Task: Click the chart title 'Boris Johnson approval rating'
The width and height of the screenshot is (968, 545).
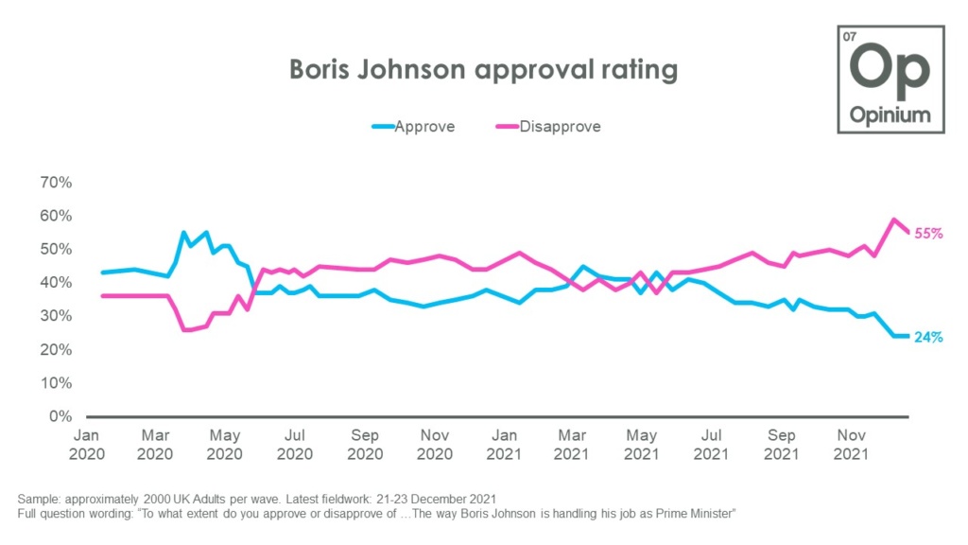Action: (x=483, y=70)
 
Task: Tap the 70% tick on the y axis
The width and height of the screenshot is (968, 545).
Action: (x=54, y=183)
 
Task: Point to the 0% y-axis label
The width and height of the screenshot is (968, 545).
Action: (x=59, y=416)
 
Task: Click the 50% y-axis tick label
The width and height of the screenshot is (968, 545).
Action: (x=54, y=249)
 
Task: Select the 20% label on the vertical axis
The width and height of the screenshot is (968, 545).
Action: (x=54, y=349)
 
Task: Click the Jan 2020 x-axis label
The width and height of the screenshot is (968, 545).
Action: (x=87, y=444)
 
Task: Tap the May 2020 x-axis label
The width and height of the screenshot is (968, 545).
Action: (x=224, y=444)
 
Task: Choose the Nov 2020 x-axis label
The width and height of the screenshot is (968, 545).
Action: (x=435, y=444)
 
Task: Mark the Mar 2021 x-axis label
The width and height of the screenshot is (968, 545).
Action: (x=571, y=444)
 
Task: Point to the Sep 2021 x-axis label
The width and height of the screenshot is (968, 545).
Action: (x=782, y=444)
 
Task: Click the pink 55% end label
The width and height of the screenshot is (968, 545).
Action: (x=928, y=233)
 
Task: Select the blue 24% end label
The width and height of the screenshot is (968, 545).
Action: (x=928, y=337)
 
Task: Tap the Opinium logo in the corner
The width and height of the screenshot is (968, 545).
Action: (x=890, y=79)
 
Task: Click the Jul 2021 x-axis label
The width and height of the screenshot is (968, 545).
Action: (x=711, y=444)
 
